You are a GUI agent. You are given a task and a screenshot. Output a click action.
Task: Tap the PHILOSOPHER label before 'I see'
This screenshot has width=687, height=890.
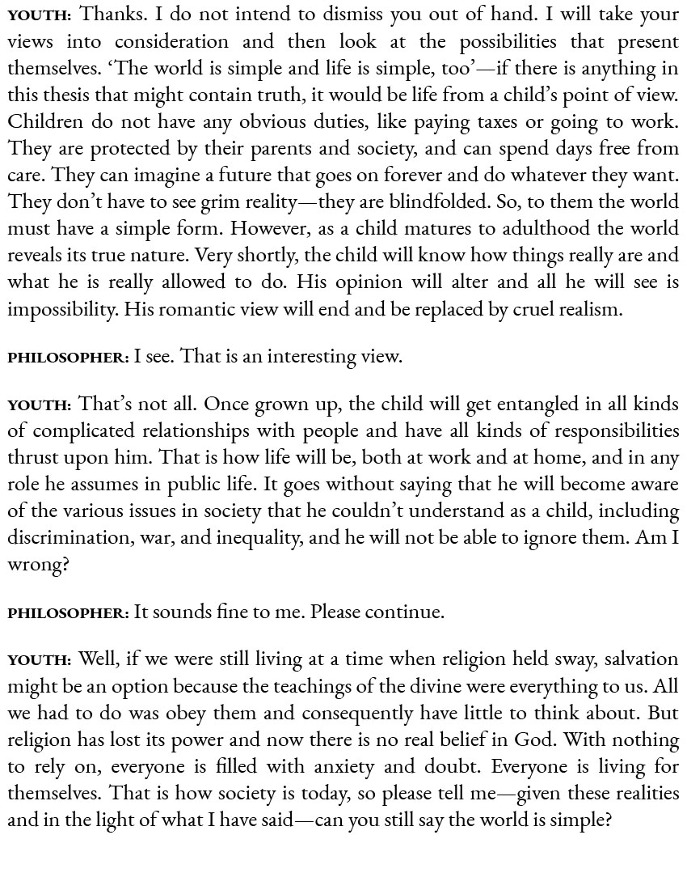68,358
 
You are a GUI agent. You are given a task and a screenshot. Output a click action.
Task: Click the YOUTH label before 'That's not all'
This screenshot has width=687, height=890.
40,405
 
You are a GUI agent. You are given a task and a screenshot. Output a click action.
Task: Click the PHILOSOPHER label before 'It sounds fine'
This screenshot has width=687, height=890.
68,613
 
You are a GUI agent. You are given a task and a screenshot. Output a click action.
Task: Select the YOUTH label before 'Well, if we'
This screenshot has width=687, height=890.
40,661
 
